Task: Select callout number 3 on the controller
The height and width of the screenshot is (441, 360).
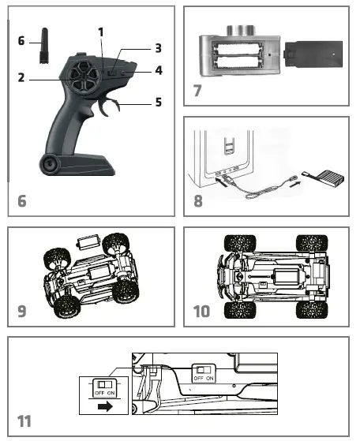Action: [x=158, y=48]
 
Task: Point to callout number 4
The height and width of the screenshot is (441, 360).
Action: [x=158, y=70]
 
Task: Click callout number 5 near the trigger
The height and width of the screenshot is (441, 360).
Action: [x=158, y=100]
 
